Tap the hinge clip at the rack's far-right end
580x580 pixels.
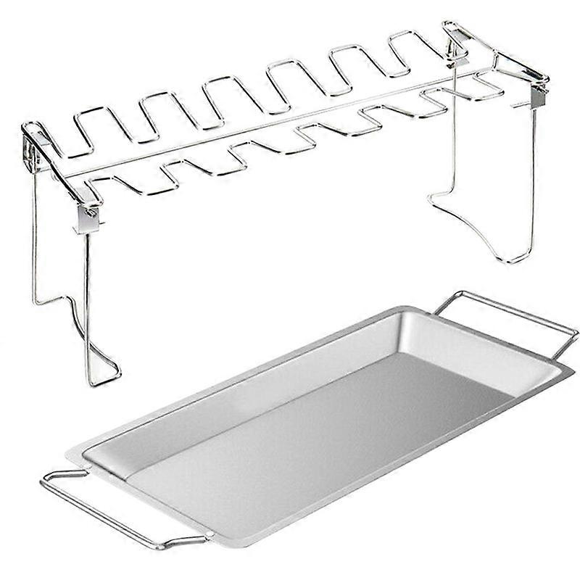(538, 94)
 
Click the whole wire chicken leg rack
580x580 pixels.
(283, 145)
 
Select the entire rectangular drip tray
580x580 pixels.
(312, 428)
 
